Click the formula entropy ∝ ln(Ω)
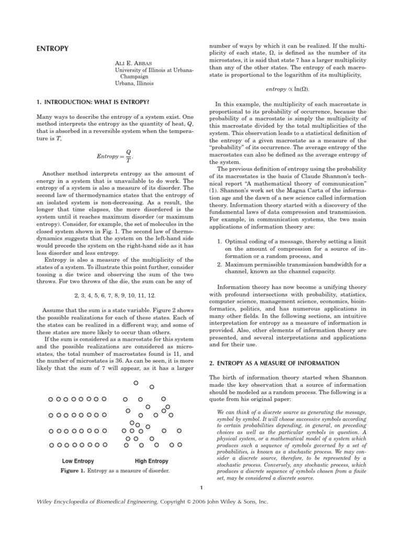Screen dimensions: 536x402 (x=287, y=90)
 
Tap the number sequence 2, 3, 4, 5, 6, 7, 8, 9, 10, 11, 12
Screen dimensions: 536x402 (x=115, y=296)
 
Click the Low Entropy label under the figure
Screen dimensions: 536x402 (x=78, y=461)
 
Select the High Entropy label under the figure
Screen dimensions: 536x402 (x=152, y=461)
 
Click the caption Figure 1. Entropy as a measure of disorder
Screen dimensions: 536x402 (x=115, y=471)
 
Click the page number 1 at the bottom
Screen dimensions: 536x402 (x=201, y=488)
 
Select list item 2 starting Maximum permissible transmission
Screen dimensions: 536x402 (x=292, y=268)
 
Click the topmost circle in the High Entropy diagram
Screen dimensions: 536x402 (x=136, y=383)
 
